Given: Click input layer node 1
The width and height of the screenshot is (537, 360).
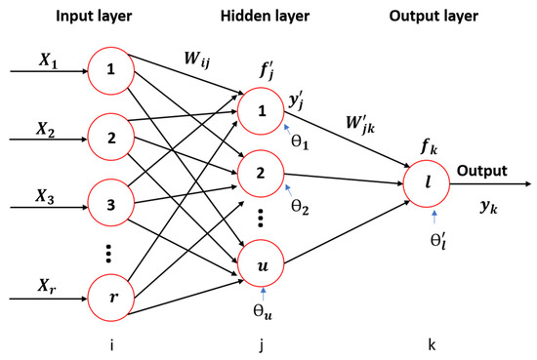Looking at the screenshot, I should pyautogui.click(x=111, y=70).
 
